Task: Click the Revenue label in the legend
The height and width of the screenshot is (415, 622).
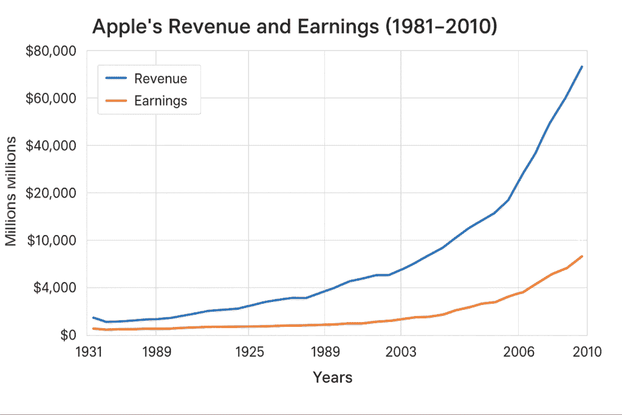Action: tap(160, 78)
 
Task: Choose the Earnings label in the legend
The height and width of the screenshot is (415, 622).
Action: tap(160, 101)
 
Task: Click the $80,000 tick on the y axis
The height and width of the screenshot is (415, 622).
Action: tap(50, 51)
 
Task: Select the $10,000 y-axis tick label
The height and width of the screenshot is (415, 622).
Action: tap(50, 240)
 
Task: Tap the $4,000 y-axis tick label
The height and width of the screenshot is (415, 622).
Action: tap(53, 287)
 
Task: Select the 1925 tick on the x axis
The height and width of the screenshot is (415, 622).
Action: tap(248, 352)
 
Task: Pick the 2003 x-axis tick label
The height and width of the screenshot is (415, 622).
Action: tap(401, 352)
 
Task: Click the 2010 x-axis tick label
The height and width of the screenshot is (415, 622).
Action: tap(586, 352)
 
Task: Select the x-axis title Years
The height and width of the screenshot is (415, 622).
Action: tap(332, 377)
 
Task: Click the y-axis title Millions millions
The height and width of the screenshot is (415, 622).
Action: tap(11, 191)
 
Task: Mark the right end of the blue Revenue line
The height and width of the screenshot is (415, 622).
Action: tap(582, 66)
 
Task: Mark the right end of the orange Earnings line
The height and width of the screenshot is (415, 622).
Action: tap(582, 256)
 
